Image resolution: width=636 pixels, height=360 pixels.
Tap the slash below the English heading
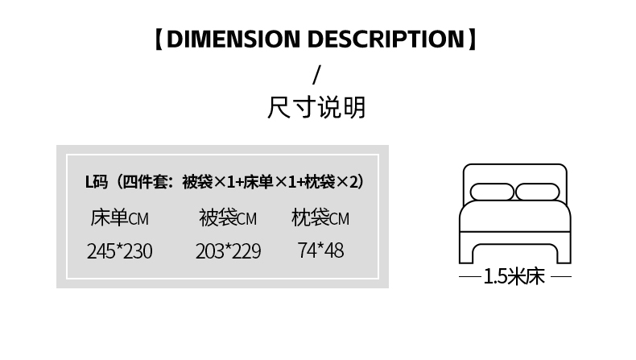317,73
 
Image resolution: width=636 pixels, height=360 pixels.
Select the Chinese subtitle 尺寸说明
317,107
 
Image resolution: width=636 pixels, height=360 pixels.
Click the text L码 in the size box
96,182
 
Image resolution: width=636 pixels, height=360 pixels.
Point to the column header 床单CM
119,217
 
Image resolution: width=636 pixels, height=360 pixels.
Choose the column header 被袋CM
228,217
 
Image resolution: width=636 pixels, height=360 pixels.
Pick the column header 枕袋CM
320,217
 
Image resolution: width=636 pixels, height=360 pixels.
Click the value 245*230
119,251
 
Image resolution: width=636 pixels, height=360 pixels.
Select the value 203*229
228,251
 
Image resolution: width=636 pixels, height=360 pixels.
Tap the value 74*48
320,250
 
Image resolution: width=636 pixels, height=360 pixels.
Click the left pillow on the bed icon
491,192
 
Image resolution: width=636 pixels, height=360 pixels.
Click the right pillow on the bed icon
537,192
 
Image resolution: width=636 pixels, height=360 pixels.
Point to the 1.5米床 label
514,277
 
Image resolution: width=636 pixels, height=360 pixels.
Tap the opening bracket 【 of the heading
160,39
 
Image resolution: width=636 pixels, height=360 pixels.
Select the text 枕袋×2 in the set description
332,182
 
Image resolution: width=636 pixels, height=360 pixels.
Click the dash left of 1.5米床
470,277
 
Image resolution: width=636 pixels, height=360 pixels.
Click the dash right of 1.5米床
560,277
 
